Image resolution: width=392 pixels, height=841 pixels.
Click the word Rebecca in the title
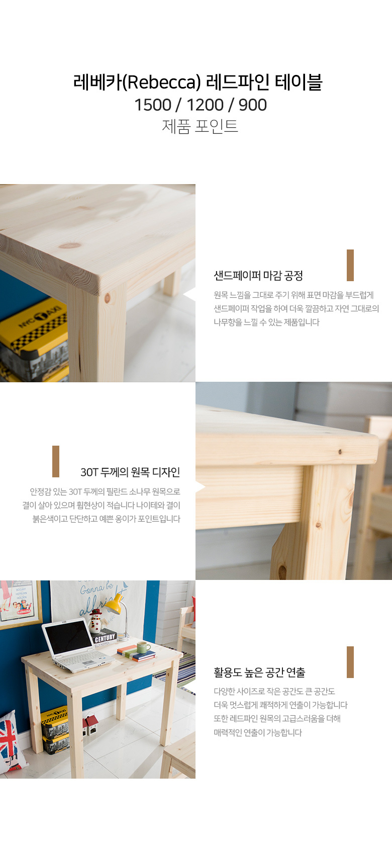click(162, 82)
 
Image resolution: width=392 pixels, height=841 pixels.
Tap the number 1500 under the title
click(153, 105)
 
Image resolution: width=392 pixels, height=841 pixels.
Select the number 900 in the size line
click(253, 105)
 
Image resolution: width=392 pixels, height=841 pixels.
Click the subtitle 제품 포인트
click(200, 126)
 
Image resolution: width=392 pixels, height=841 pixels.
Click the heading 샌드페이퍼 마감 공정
click(258, 276)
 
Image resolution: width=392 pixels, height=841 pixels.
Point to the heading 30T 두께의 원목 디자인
click(131, 472)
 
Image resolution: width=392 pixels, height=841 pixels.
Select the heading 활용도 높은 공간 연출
click(260, 672)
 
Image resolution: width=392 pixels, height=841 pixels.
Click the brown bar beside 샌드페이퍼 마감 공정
click(350, 265)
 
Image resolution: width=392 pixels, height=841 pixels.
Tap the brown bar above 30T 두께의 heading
click(56, 461)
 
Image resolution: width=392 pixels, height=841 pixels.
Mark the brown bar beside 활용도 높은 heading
click(350, 662)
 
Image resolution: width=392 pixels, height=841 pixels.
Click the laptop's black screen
click(67, 636)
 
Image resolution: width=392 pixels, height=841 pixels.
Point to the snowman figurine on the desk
click(95, 621)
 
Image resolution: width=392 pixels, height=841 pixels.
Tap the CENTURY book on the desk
click(105, 637)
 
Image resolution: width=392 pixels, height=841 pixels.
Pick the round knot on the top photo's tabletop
click(70, 246)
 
